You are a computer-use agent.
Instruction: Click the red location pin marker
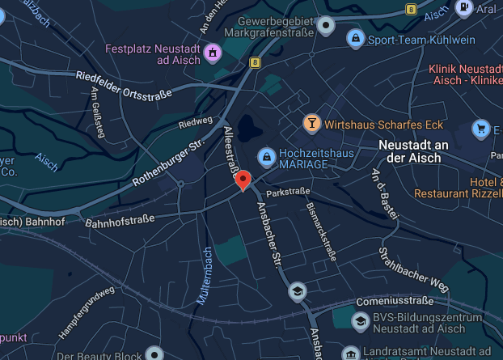point(243,180)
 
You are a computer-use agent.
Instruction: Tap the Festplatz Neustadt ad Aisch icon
point(213,53)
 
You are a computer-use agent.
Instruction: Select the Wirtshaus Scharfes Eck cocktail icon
point(311,123)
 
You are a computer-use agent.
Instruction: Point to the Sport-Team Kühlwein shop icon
point(354,38)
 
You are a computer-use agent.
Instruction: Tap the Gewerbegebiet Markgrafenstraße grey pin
point(326,28)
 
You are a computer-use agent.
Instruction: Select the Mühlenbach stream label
point(204,275)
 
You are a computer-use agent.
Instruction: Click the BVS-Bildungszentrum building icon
point(358,322)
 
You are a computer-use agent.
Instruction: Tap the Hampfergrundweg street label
point(87,314)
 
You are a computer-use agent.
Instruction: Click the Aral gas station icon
point(465,8)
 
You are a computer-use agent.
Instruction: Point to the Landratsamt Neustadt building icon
point(350,354)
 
